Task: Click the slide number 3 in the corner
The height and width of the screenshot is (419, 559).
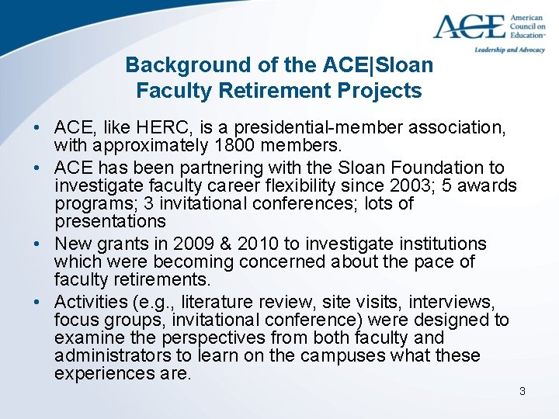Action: pyautogui.click(x=523, y=391)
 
